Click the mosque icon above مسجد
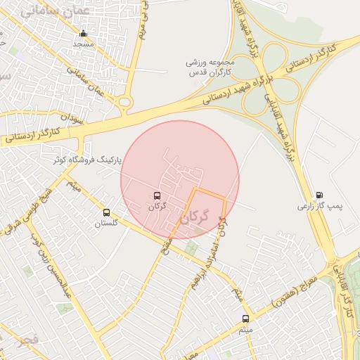(84, 34)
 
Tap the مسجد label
(84, 44)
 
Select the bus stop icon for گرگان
(157, 196)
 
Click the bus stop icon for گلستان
(107, 212)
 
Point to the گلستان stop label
(107, 223)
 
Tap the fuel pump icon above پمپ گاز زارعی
(320, 195)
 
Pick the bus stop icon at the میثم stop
(245, 319)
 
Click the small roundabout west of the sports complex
(126, 104)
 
